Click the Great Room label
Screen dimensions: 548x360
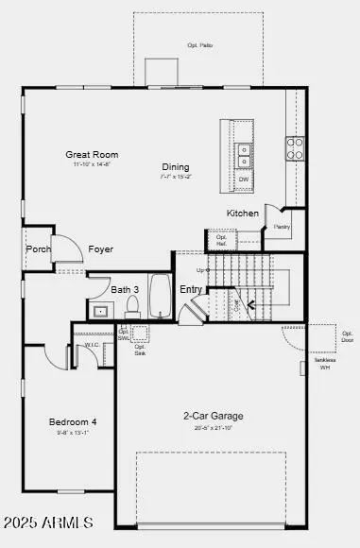92,154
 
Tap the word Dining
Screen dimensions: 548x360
175,167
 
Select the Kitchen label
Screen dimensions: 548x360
243,214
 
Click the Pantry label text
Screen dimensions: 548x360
282,227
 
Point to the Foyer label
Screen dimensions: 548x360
101,249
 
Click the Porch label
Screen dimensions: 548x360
39,249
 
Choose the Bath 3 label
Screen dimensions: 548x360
125,290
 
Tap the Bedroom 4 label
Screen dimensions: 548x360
73,421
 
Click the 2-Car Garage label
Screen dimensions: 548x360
213,416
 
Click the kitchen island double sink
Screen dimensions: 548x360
244,149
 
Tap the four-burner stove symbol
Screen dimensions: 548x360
296,147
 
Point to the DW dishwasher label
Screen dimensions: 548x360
244,179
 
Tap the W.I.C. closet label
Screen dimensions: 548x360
92,345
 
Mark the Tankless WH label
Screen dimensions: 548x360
324,364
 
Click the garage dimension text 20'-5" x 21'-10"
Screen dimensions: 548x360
213,428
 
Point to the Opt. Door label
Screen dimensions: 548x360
347,336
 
